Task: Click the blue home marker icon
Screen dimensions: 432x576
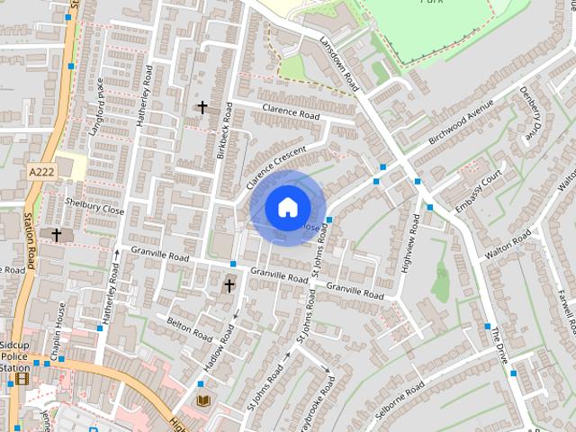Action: pyautogui.click(x=287, y=208)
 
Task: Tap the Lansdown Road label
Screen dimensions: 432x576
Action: pyautogui.click(x=339, y=64)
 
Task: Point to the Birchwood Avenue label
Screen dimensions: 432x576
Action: pyautogui.click(x=462, y=126)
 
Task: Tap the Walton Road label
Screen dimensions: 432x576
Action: pyautogui.click(x=508, y=245)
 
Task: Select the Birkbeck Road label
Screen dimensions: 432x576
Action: pyautogui.click(x=225, y=130)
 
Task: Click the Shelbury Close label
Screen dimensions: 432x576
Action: pyautogui.click(x=101, y=209)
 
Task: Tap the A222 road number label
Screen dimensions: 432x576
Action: pyautogui.click(x=41, y=172)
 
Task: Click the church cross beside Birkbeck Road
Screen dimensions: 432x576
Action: pyautogui.click(x=202, y=108)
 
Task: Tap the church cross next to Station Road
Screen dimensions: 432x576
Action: pyautogui.click(x=56, y=235)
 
